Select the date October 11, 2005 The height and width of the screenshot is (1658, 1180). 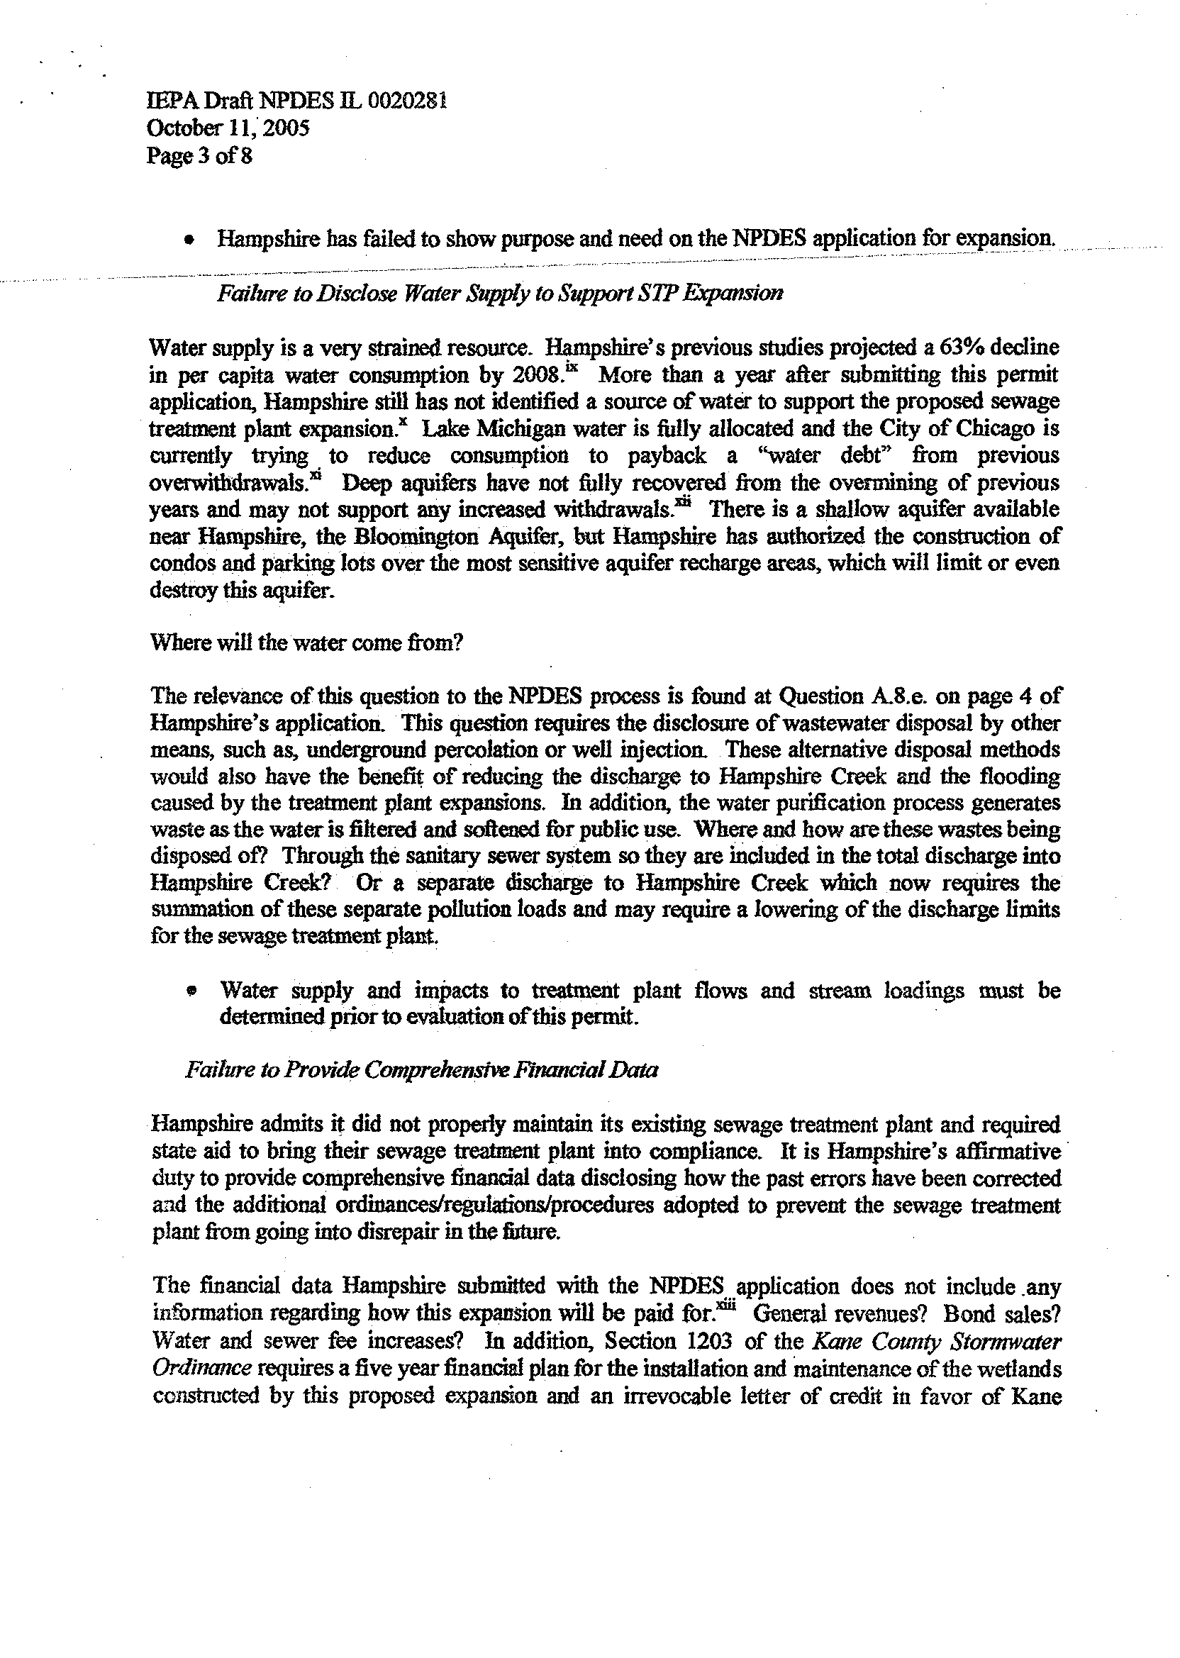coord(228,128)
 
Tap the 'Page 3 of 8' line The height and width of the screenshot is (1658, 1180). coord(199,155)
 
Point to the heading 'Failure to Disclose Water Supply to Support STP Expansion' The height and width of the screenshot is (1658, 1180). coord(500,293)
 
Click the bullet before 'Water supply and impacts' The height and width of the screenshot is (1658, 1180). coord(191,990)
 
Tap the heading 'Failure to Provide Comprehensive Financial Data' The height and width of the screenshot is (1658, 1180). coord(421,1070)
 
